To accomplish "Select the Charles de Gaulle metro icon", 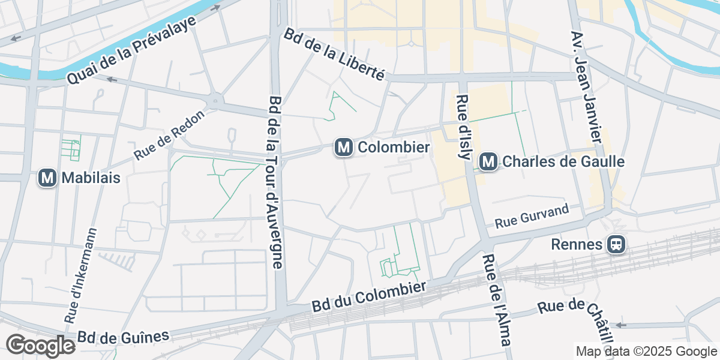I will tap(489, 161).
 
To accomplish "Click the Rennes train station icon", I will tap(616, 244).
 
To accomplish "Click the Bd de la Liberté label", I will tap(334, 55).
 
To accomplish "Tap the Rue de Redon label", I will tap(170, 136).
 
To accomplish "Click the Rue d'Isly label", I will tap(463, 127).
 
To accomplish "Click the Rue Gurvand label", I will tap(523, 217).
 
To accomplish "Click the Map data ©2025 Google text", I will tap(646, 352).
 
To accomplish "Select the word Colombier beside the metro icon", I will tap(394, 147).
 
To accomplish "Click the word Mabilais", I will tap(91, 178).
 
